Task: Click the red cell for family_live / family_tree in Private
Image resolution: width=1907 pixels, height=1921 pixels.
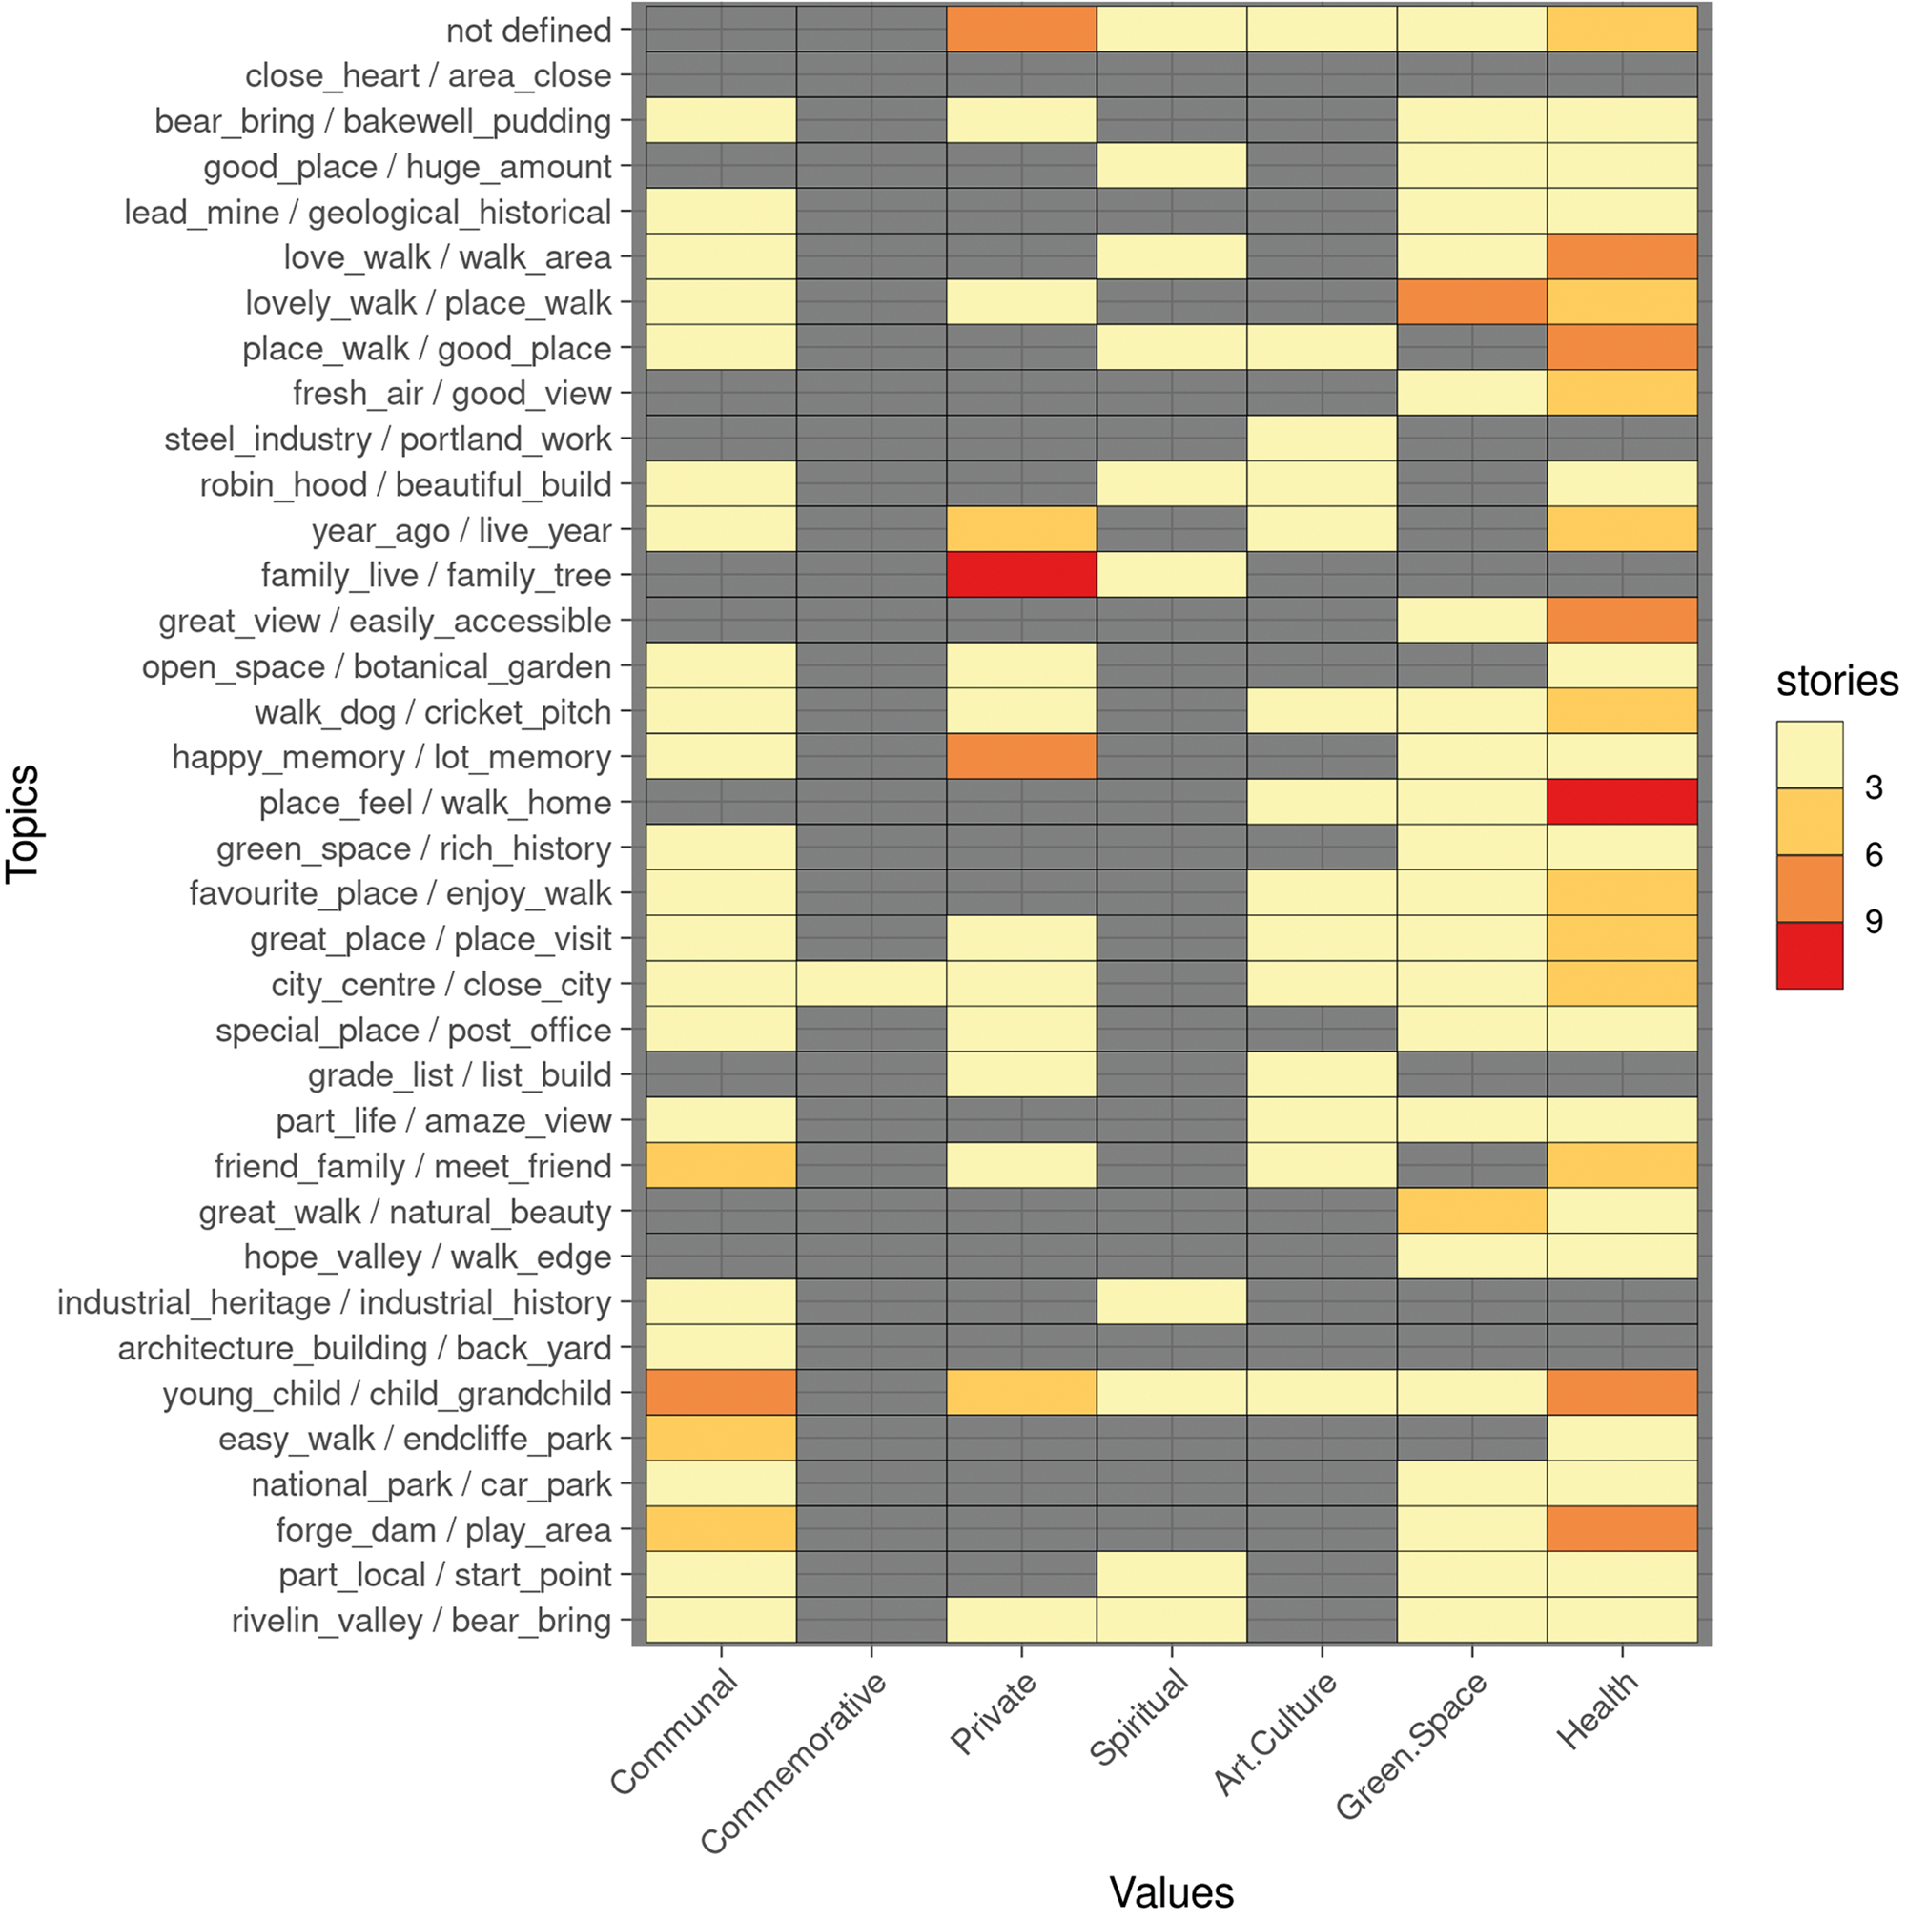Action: pos(1021,576)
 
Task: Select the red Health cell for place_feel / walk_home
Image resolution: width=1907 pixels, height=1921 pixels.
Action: pos(1622,803)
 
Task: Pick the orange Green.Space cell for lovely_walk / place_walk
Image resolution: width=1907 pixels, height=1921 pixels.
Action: pos(1471,302)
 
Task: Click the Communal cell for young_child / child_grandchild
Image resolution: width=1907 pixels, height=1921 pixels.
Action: pos(721,1393)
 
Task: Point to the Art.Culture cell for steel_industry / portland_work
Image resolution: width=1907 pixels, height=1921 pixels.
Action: pos(1322,439)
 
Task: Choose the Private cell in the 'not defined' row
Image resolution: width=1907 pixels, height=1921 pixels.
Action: pos(1021,30)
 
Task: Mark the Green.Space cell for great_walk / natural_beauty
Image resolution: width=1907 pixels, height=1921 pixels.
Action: pos(1471,1212)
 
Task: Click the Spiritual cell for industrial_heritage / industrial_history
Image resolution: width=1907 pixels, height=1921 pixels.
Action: pos(1171,1302)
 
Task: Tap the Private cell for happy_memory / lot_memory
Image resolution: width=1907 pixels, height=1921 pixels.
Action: pos(1021,757)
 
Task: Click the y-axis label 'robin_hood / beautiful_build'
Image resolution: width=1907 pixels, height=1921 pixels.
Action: pos(405,485)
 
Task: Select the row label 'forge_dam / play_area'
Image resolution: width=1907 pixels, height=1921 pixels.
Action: pos(443,1530)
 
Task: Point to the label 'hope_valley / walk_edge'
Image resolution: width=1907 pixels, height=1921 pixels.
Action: pos(427,1257)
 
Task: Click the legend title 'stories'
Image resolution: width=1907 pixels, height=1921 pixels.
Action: pos(1836,682)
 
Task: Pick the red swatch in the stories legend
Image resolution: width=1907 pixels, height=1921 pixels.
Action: pos(1810,955)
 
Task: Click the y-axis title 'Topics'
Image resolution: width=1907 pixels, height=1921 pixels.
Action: pos(24,824)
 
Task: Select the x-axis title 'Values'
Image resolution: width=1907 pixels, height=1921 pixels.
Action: pos(1171,1892)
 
